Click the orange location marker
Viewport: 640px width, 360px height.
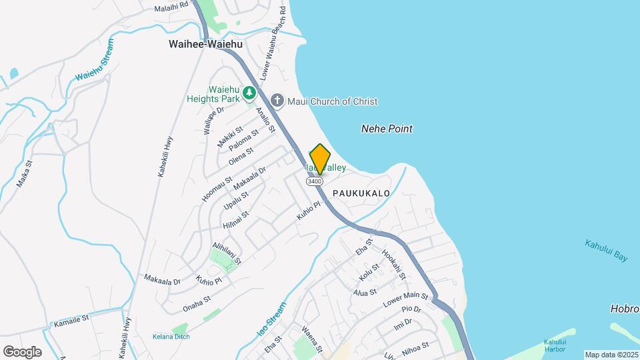pyautogui.click(x=320, y=159)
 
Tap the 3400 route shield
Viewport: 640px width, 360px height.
pyautogui.click(x=315, y=181)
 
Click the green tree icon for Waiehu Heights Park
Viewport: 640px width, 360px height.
pyautogui.click(x=249, y=92)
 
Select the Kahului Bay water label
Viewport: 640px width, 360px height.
pyautogui.click(x=606, y=251)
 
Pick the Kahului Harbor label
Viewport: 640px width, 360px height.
pyautogui.click(x=555, y=345)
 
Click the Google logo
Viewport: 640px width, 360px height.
pyautogui.click(x=23, y=351)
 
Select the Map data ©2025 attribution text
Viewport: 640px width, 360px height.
pyautogui.click(x=611, y=355)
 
